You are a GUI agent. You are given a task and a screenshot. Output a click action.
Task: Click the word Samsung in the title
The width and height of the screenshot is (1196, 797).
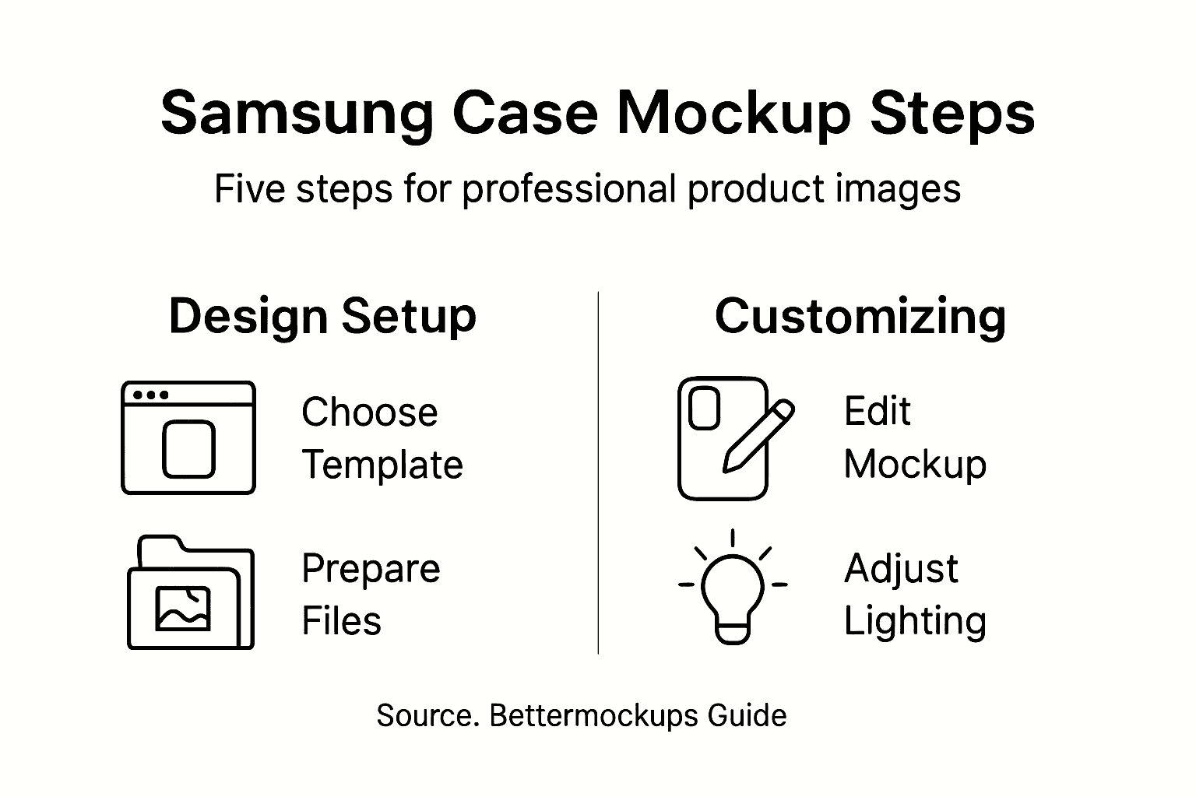296,114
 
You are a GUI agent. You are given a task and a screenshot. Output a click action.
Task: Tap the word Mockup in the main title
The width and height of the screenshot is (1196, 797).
734,114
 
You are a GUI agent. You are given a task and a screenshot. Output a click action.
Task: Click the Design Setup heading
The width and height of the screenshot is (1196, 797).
322,317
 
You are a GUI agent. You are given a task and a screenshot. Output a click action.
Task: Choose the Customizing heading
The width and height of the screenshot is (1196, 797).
860,317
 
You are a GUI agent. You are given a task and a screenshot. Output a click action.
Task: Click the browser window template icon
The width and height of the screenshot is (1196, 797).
188,437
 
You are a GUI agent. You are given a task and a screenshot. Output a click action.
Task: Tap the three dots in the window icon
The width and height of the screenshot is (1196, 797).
151,395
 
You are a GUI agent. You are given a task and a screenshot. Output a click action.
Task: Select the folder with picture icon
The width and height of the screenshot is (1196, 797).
190,593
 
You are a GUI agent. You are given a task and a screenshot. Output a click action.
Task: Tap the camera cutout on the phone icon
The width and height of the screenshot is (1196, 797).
705,407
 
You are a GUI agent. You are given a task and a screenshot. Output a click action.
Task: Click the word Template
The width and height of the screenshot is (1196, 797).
382,465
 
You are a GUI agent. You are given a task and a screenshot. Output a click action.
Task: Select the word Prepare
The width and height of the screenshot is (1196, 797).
371,569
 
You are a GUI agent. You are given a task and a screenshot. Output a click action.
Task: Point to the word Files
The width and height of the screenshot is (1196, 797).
341,621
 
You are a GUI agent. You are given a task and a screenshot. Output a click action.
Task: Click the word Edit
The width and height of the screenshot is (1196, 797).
877,411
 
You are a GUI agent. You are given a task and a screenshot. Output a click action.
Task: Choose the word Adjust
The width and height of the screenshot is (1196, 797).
901,569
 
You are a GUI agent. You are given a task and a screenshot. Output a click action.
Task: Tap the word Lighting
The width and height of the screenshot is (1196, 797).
915,621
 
